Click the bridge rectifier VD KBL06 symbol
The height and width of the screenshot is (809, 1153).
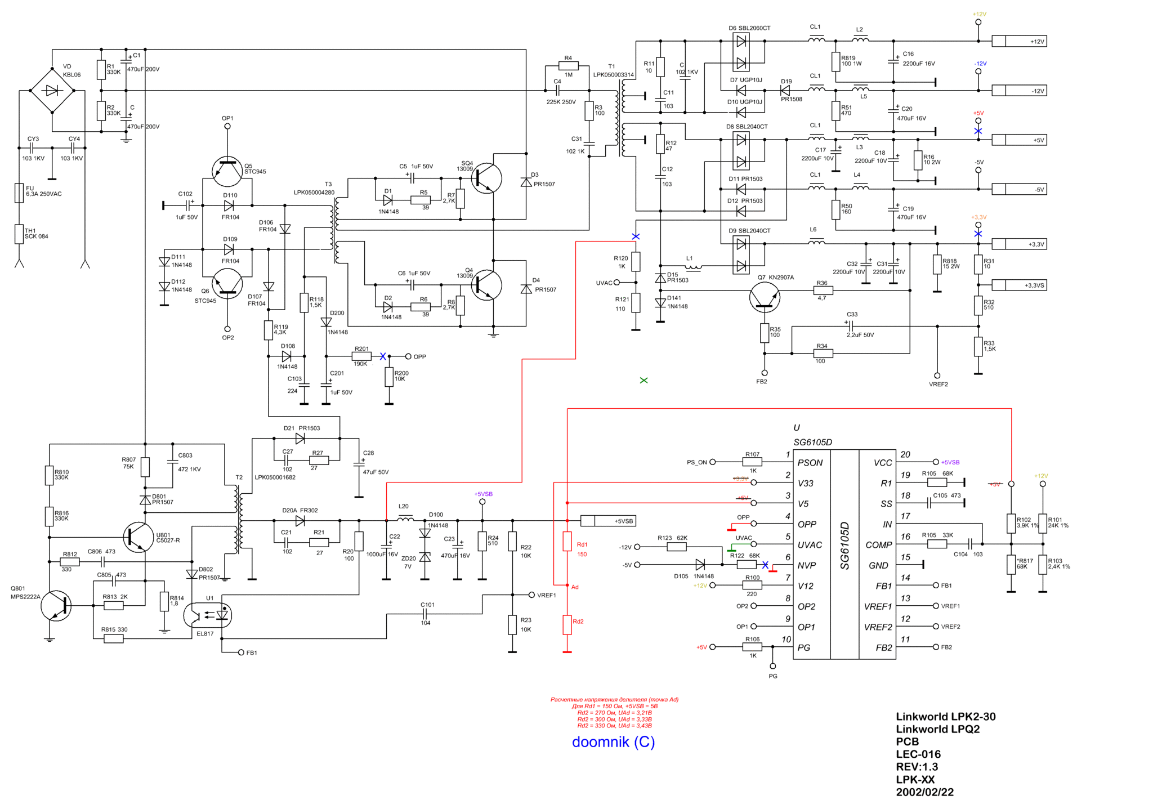[52, 90]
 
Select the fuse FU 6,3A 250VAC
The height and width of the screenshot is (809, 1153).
[19, 193]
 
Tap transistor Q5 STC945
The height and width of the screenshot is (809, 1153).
[227, 171]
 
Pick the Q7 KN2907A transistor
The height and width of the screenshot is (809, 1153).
[765, 297]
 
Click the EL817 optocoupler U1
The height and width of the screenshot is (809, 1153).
[208, 615]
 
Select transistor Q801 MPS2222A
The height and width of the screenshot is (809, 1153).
[56, 606]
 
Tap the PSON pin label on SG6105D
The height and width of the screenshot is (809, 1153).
[810, 463]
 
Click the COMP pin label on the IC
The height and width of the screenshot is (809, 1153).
[878, 545]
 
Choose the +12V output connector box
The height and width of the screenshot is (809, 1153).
[1019, 41]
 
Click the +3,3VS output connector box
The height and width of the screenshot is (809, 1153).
[1019, 285]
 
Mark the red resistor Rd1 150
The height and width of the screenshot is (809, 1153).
[567, 542]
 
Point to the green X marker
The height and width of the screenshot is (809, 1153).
[643, 381]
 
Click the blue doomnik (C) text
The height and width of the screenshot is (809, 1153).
[613, 742]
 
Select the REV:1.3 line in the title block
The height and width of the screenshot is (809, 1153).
[917, 767]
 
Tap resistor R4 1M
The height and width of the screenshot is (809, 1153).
[568, 66]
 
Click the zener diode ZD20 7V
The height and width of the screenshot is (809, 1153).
[425, 557]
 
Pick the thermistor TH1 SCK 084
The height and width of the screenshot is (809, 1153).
[19, 234]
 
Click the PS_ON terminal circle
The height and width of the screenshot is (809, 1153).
[712, 462]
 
